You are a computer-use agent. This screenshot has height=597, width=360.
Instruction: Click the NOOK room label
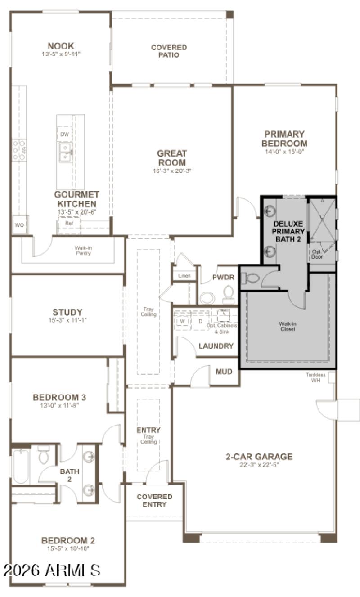(61, 46)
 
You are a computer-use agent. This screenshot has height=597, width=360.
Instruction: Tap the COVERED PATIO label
(169, 51)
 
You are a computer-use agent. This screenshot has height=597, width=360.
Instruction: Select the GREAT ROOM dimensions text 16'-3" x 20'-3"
(172, 171)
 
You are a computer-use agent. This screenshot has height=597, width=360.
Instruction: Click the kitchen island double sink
(65, 152)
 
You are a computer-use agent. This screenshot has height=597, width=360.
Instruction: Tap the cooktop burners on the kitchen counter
(19, 150)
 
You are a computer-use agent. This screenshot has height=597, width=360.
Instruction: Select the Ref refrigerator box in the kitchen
(68, 223)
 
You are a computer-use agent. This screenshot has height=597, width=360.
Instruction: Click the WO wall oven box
(19, 224)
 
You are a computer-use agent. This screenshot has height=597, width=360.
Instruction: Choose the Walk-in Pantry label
(83, 250)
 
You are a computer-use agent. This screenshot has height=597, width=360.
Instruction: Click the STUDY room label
(67, 312)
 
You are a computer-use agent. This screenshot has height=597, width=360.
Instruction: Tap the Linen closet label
(184, 275)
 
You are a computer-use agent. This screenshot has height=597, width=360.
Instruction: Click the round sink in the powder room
(207, 298)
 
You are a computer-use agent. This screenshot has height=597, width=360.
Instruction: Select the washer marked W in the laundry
(183, 322)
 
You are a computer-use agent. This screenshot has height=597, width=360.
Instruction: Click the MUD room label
(224, 372)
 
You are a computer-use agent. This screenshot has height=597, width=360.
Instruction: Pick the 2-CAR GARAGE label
(259, 457)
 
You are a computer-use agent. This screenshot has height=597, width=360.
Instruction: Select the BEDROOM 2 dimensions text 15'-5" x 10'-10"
(68, 548)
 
